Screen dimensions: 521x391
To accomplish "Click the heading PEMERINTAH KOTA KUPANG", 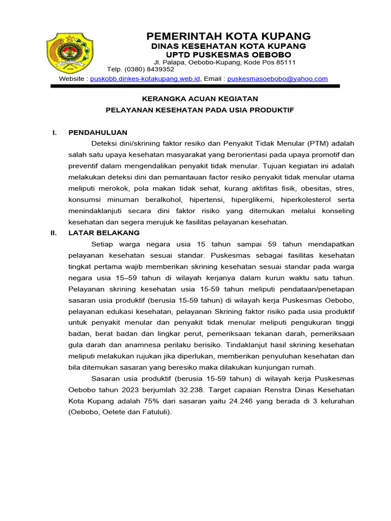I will coord(228,36).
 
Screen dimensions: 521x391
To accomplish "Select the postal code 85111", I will coord(285,62).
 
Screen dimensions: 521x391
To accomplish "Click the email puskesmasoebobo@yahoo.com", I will coord(277,79).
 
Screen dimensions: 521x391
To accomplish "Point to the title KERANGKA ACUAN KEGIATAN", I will coord(200,99).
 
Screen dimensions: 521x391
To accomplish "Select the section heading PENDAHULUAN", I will coord(98,133).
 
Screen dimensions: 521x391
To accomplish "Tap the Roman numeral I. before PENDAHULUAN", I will coord(54,133).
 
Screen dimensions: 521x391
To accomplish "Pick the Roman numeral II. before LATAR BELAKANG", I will coord(52,233).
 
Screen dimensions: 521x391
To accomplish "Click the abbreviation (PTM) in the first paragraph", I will coord(317,143).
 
